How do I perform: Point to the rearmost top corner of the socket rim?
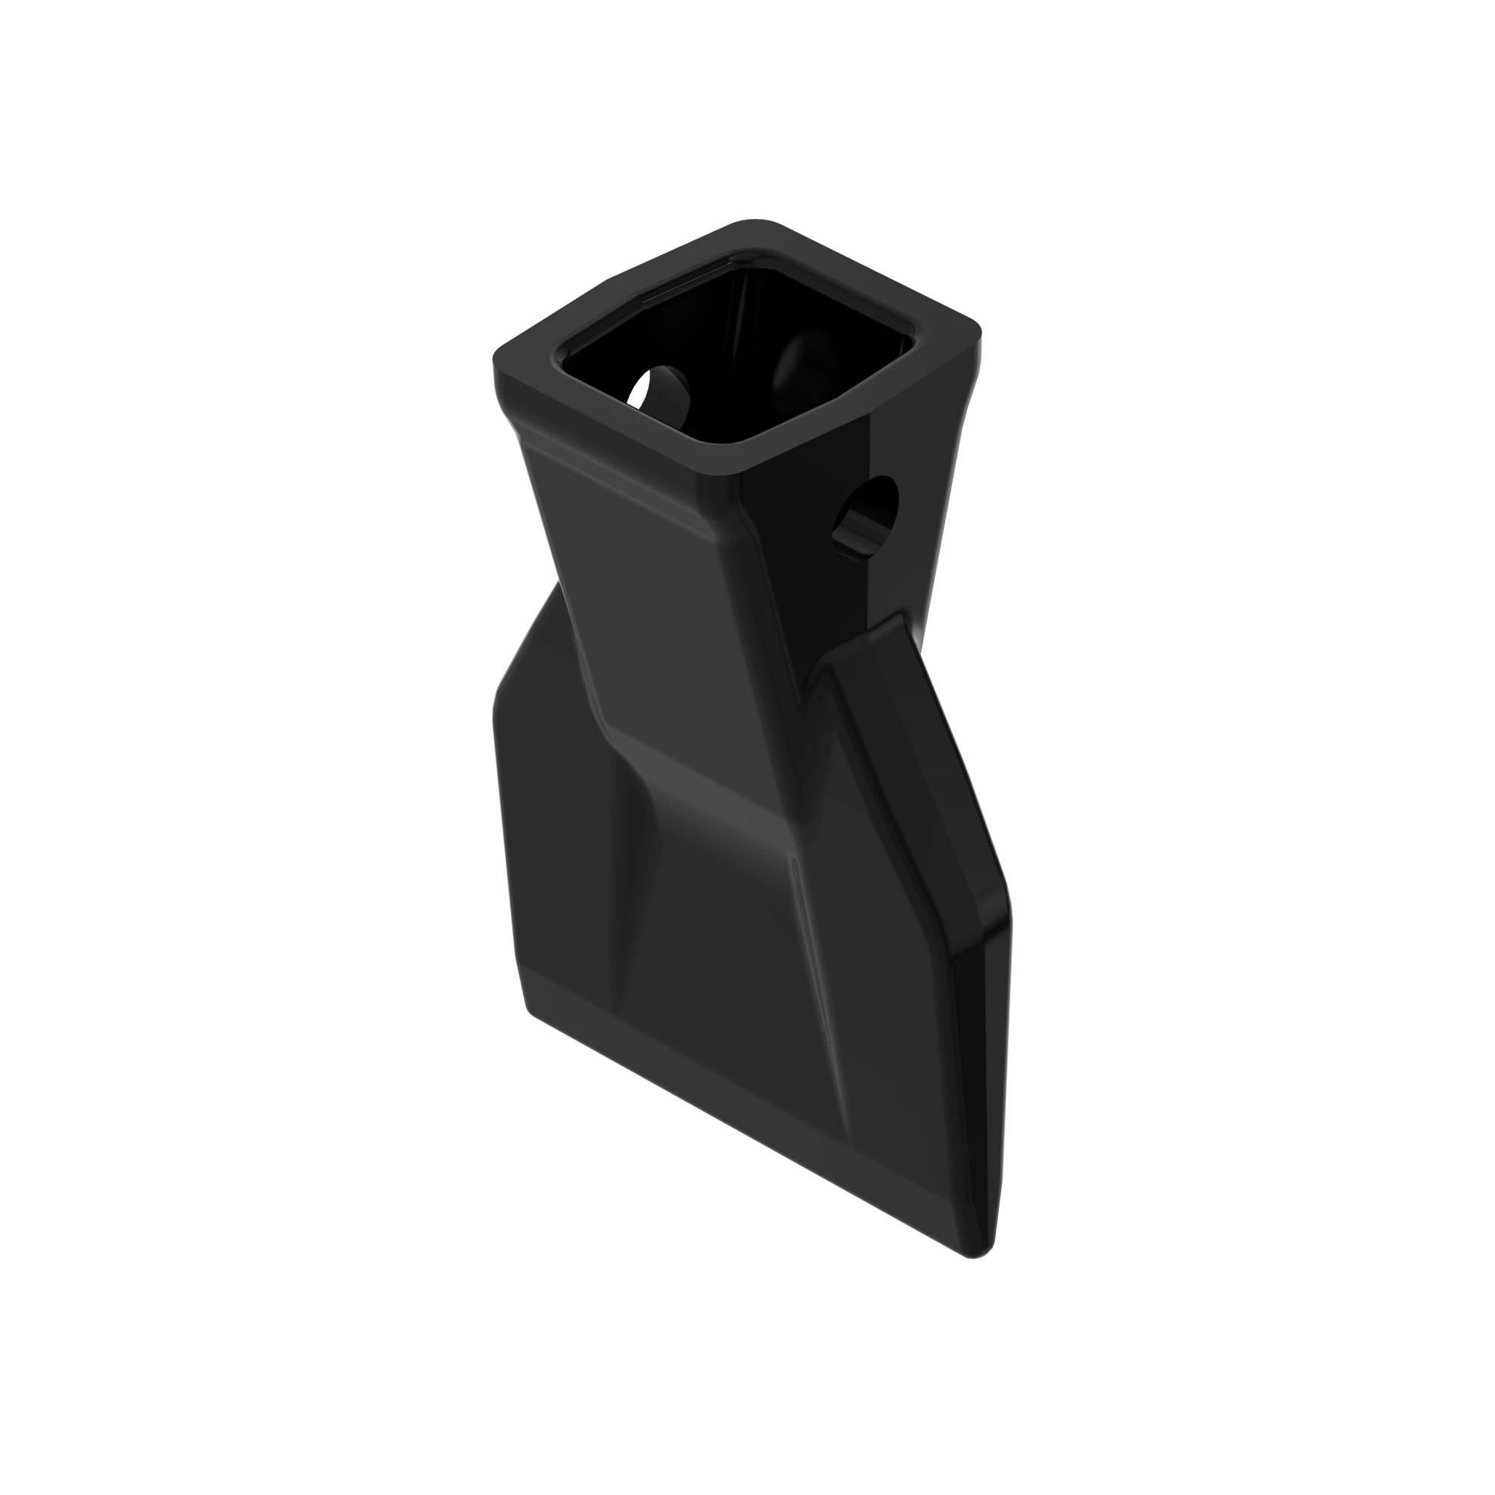pos(754,225)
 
